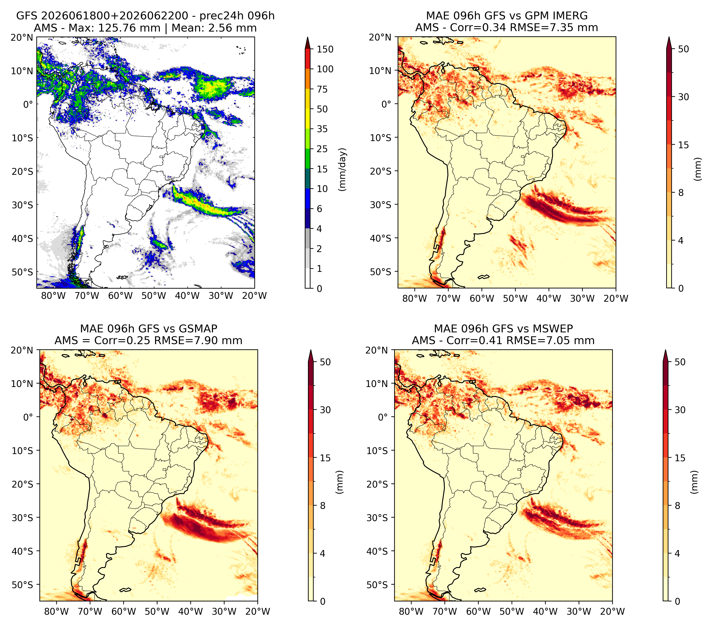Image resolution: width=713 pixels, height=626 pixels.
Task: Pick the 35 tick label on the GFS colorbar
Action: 322,129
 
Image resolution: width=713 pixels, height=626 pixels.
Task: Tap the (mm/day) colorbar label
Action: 343,169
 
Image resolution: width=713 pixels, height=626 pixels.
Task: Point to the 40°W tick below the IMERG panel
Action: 549,299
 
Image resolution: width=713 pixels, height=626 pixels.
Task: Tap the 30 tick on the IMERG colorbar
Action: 684,97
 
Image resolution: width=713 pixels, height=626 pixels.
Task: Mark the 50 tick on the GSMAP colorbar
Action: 325,362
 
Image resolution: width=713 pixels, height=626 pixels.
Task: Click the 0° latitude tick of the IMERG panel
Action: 386,104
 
